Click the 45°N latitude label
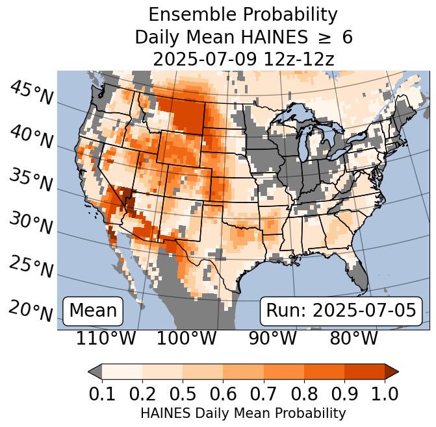click(x=31, y=93)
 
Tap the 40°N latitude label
click(x=31, y=137)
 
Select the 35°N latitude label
click(x=31, y=180)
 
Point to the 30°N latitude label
click(x=31, y=224)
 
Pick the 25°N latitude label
click(x=31, y=267)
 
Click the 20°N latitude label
click(x=31, y=310)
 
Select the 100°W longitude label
click(x=186, y=339)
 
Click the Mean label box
click(x=93, y=311)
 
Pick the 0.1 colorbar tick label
click(x=102, y=393)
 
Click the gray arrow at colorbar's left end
click(x=95, y=371)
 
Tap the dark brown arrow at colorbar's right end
click(x=391, y=371)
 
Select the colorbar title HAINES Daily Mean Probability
click(x=243, y=413)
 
